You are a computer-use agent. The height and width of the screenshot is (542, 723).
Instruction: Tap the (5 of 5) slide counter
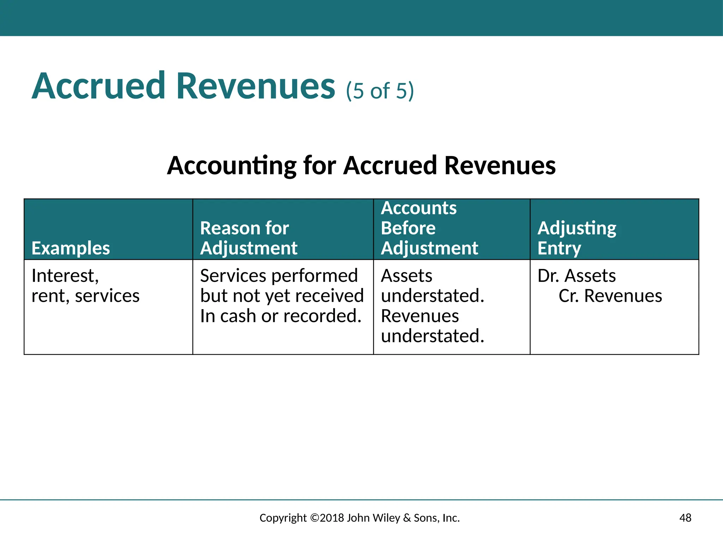[380, 91]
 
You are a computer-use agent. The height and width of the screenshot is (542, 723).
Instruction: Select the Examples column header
[71, 248]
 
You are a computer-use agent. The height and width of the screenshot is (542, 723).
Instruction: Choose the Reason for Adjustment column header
[249, 238]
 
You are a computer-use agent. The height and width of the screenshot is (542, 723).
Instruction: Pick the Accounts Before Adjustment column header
[429, 228]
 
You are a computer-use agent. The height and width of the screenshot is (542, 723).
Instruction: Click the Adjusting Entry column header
[576, 238]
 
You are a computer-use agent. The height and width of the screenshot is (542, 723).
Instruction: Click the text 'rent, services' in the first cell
[85, 296]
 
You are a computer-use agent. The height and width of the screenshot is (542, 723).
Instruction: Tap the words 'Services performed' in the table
[279, 276]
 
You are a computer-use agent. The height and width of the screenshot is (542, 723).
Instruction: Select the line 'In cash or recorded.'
[281, 316]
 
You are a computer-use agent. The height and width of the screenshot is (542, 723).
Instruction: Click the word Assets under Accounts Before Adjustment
[406, 276]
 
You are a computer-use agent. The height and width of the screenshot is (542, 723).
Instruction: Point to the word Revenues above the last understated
[420, 316]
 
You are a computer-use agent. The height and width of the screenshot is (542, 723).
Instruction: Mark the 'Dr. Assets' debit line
[576, 276]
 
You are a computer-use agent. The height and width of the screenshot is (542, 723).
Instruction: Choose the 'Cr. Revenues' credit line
[610, 296]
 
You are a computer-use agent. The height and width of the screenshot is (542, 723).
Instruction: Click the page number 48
[685, 518]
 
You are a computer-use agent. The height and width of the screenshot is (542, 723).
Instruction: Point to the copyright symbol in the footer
[314, 518]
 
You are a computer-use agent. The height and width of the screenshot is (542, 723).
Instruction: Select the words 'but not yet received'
[282, 296]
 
